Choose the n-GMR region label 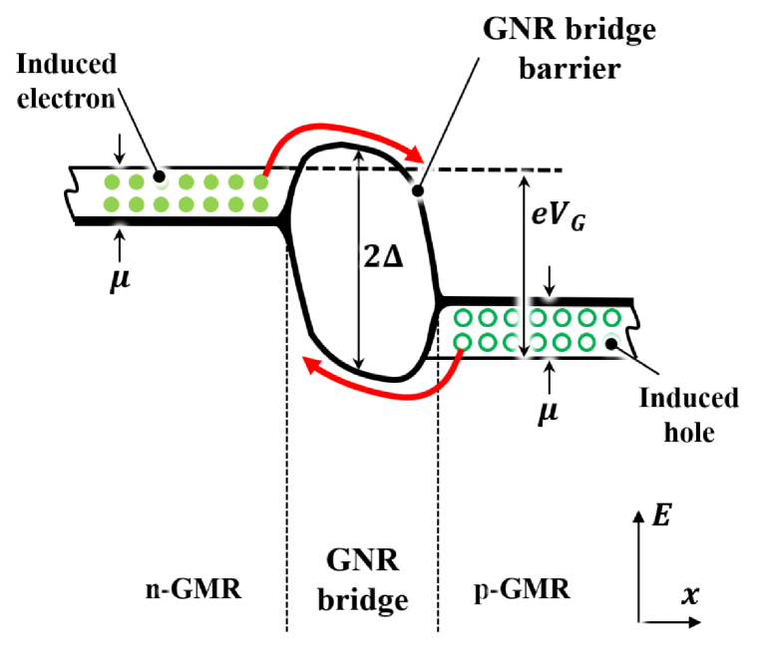[194, 589]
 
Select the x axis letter [689, 595]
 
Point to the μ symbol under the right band [547, 409]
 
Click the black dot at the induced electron [158, 175]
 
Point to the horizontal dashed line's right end [561, 170]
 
